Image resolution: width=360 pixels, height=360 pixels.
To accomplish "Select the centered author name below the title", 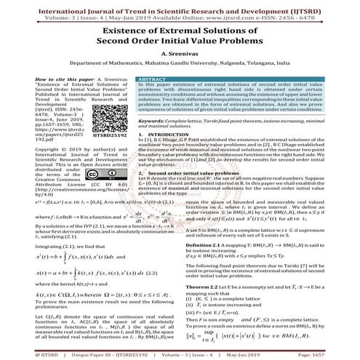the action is tap(180, 54).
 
